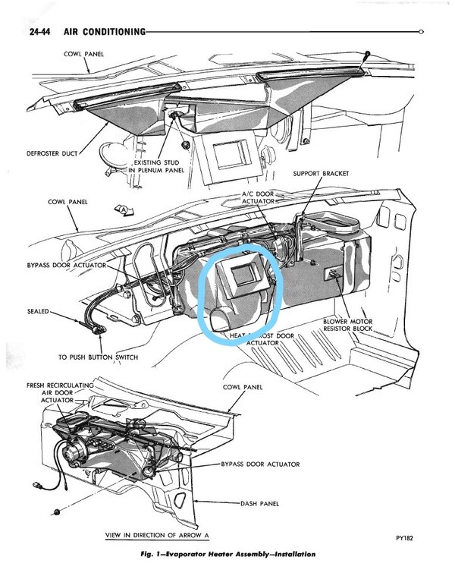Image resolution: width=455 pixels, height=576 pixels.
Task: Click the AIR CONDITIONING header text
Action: (x=94, y=31)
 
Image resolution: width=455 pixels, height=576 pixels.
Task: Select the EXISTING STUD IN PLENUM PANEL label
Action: (x=163, y=168)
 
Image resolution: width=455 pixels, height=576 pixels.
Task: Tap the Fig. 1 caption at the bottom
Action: (x=227, y=554)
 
